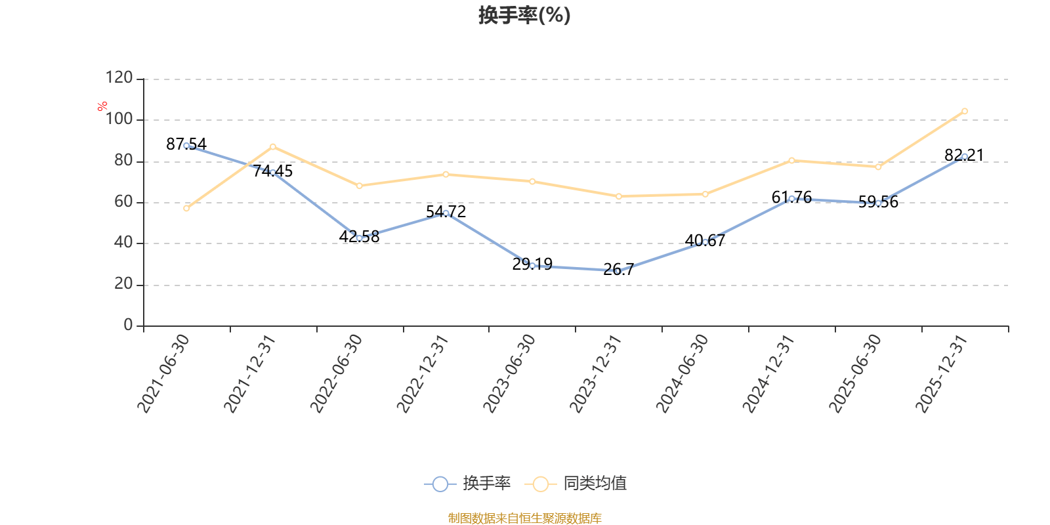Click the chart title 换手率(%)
(524, 16)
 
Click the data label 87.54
(186, 144)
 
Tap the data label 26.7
(618, 269)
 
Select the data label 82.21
(964, 155)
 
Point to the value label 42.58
(359, 236)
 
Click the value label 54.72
(446, 211)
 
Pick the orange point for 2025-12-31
(965, 111)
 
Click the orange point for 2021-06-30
(186, 208)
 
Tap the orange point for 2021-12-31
(273, 146)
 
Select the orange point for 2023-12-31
(619, 196)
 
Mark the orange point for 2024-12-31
(791, 160)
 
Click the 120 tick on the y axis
(119, 78)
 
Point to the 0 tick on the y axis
(128, 325)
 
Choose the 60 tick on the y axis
(123, 202)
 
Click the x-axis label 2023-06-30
(509, 373)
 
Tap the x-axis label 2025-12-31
(942, 373)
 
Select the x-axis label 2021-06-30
(163, 373)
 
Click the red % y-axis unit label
(102, 106)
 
